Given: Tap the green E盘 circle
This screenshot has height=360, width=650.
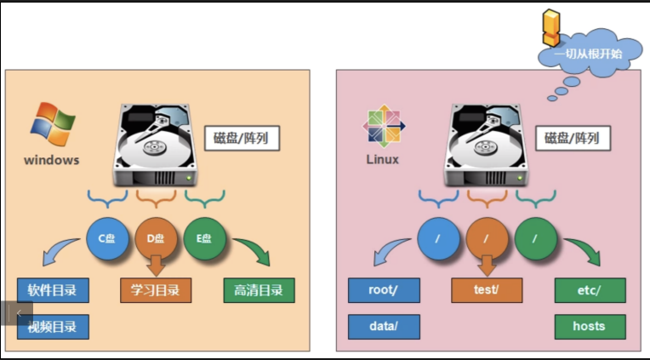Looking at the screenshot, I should tap(204, 238).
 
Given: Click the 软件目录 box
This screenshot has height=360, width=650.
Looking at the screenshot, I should tap(53, 290).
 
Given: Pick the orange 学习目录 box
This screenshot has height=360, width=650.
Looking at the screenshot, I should tap(156, 290).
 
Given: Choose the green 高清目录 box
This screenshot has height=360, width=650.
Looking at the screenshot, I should tap(259, 290).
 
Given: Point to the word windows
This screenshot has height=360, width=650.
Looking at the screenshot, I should tap(51, 159).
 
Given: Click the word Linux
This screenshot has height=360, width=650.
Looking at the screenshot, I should tap(383, 159).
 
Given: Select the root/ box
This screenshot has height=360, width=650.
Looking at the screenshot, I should tap(384, 290).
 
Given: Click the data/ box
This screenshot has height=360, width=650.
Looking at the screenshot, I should tap(384, 326).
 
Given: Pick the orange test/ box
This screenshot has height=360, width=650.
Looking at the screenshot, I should tap(487, 290).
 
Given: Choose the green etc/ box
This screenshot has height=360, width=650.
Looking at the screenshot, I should tap(590, 290).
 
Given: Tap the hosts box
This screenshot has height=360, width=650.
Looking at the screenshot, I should tap(590, 326).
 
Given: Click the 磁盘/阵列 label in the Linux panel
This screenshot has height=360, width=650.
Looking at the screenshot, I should tap(572, 138).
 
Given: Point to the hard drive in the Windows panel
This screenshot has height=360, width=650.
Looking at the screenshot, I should tap(156, 145).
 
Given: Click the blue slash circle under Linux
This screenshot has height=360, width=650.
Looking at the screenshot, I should tap(437, 238).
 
